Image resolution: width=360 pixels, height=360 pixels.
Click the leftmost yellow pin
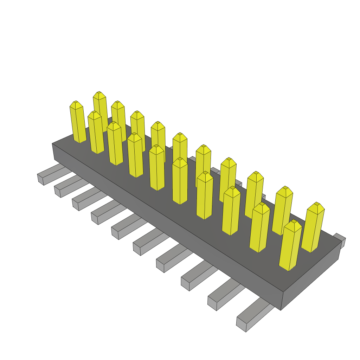pos(78,123)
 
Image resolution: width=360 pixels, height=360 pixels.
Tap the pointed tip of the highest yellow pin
pos(99,93)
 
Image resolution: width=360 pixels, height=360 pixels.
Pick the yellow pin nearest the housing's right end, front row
pos(291,246)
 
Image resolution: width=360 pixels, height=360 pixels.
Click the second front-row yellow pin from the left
pos(96,134)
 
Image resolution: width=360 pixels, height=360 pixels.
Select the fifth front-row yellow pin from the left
pos(157,169)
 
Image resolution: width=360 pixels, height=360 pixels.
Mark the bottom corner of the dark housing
pos(281,310)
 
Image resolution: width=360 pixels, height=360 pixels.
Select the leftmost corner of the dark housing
pos(52,144)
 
